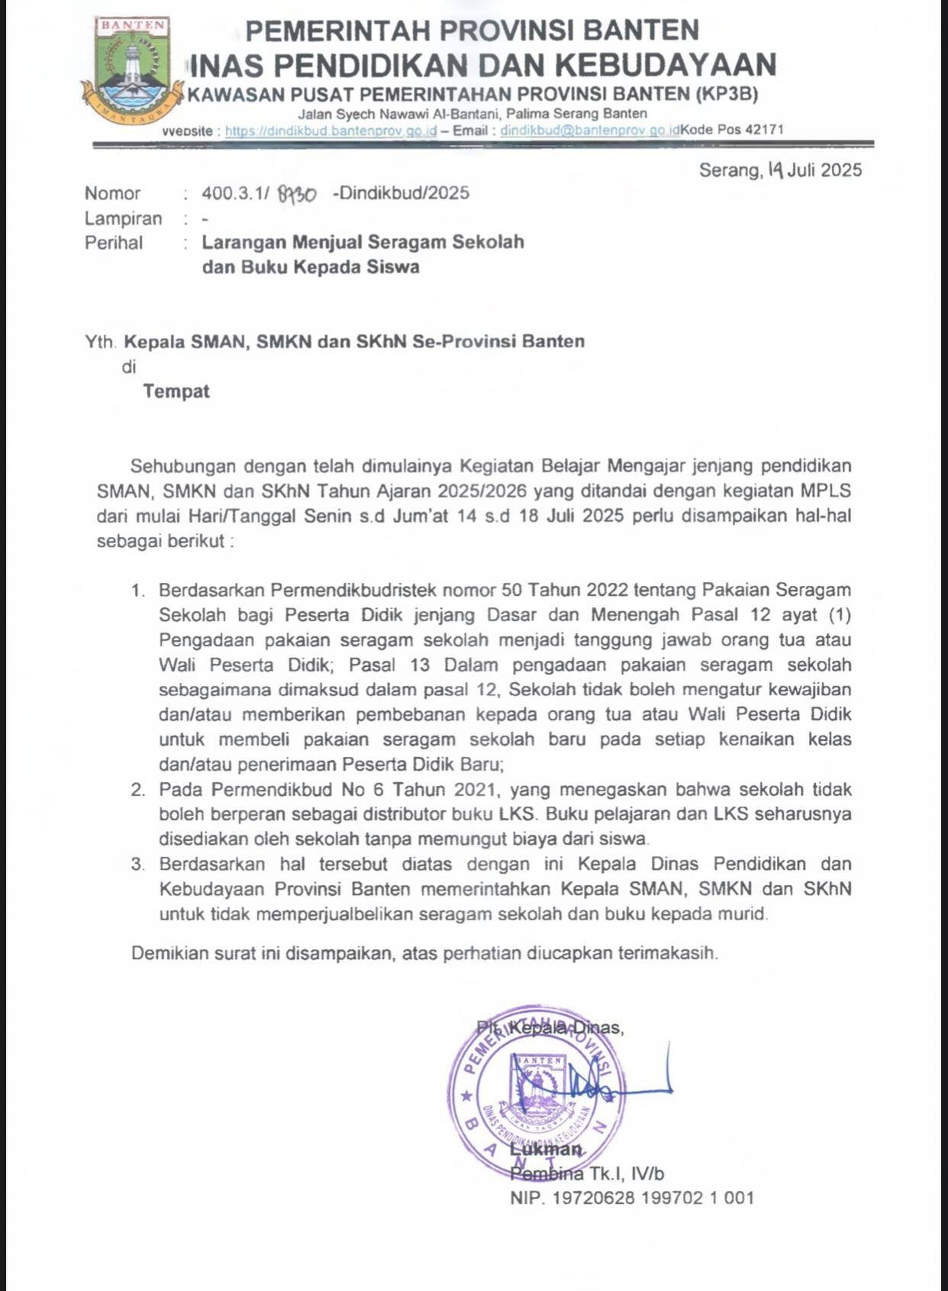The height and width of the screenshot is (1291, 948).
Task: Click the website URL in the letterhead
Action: coord(331,130)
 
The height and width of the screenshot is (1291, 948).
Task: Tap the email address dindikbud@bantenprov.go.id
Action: coord(589,130)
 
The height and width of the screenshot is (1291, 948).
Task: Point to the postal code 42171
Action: coord(764,130)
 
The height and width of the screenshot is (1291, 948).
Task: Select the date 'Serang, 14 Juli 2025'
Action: coord(780,170)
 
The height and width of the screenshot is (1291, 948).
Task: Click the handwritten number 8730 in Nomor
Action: coord(297,195)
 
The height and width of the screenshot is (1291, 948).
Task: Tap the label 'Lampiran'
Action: coord(123,219)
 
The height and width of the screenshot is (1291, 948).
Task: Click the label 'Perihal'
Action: coord(114,243)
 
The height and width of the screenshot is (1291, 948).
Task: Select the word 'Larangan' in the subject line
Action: coord(243,243)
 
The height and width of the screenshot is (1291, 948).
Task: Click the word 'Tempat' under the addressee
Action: coord(176,391)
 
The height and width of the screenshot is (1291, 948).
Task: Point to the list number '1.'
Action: coord(137,591)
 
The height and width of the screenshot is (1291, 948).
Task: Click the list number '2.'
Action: coord(137,790)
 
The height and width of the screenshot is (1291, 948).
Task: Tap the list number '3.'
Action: coord(137,864)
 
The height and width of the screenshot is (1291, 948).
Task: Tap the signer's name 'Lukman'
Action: coord(546,1150)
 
